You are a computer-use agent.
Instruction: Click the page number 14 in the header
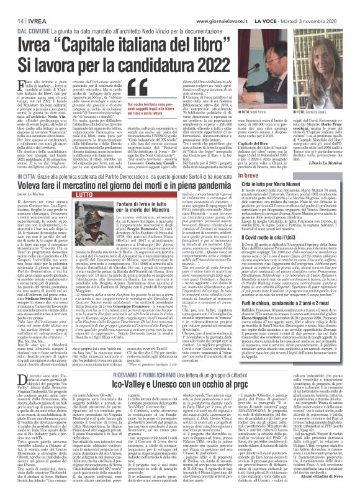(x=12, y=5)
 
